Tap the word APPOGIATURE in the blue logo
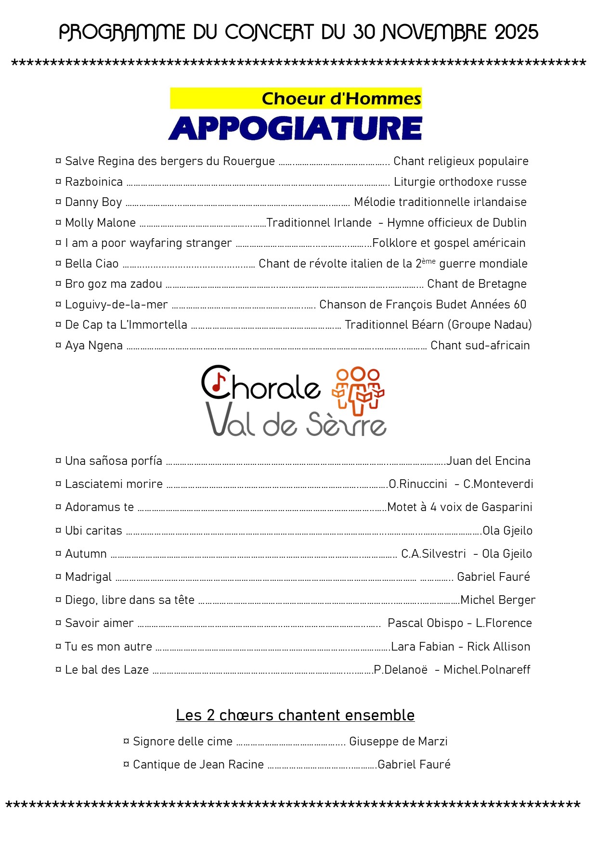(295, 128)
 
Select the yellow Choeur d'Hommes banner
(296, 98)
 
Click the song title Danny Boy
(93, 202)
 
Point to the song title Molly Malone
(100, 223)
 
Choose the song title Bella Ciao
(91, 264)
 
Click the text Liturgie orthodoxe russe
(460, 182)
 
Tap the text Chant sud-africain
(480, 345)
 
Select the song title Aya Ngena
(93, 345)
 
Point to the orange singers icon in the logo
(358, 390)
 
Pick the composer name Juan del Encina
(488, 461)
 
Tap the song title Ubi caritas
(93, 531)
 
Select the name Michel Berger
(498, 600)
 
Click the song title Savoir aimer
(99, 623)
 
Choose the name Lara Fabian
(422, 647)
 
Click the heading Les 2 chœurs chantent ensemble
(295, 716)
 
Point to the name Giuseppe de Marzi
(398, 742)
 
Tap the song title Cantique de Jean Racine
(198, 765)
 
